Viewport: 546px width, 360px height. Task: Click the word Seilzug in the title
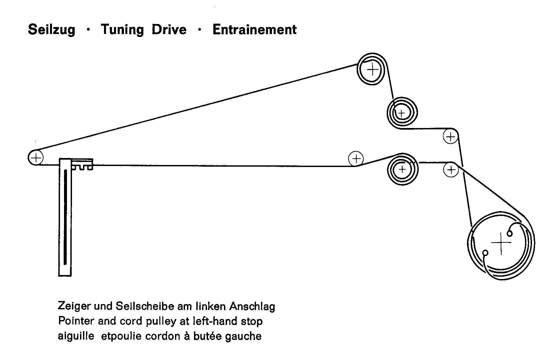point(52,30)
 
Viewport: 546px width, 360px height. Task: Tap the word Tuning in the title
point(122,30)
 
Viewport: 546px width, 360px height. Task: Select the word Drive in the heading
point(169,30)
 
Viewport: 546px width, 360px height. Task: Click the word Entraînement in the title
point(255,30)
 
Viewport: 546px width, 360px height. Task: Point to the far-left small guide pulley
point(35,157)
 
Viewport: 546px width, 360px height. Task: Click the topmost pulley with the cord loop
point(372,70)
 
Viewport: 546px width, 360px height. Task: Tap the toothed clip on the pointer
point(82,164)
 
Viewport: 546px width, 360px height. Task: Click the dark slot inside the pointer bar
point(65,217)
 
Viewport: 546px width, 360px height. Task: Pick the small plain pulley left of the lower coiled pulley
point(356,158)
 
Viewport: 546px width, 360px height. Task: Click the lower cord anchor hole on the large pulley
point(485,253)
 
